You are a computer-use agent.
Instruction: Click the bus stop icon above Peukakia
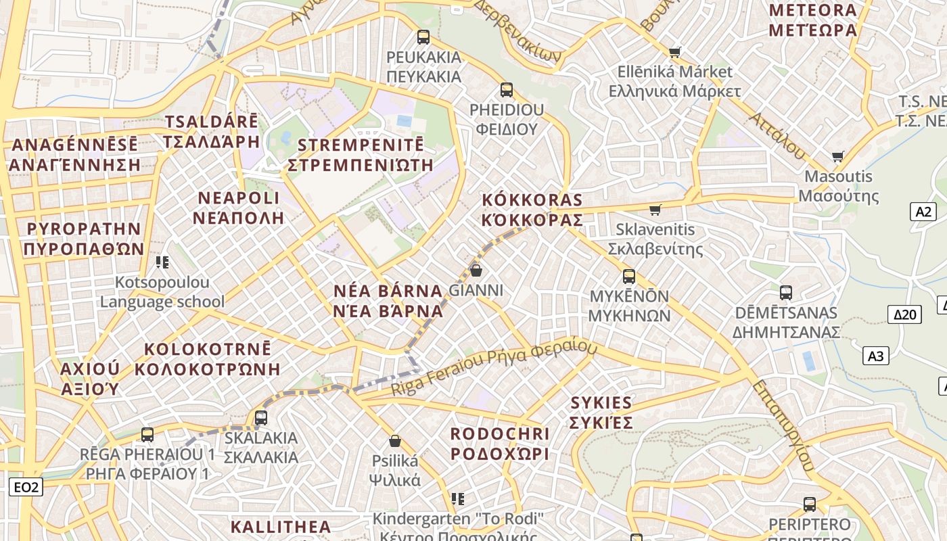click(x=423, y=37)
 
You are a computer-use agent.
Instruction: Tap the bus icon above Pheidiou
click(x=506, y=90)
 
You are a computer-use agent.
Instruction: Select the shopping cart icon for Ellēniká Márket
click(x=674, y=52)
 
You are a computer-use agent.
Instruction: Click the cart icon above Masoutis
click(x=838, y=157)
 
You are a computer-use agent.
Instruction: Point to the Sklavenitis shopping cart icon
click(x=655, y=210)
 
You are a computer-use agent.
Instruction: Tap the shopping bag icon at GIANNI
click(x=476, y=270)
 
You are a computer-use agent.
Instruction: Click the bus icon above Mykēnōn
click(x=629, y=277)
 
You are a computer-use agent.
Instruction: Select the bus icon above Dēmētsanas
click(x=785, y=293)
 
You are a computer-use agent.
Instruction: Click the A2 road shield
click(x=923, y=212)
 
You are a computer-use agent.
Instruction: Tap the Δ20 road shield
click(x=904, y=314)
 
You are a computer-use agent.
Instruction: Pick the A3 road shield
click(x=876, y=356)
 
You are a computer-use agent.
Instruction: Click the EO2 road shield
click(x=26, y=486)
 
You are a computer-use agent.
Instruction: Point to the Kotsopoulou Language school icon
click(x=162, y=262)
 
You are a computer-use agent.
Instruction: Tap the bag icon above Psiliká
click(x=395, y=442)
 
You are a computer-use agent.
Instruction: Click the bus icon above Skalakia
click(x=261, y=418)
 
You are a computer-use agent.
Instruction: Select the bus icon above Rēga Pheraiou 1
click(x=147, y=435)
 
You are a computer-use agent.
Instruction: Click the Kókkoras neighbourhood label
click(x=532, y=210)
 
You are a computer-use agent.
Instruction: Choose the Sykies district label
click(x=601, y=413)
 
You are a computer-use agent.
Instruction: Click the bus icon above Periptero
click(x=810, y=504)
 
